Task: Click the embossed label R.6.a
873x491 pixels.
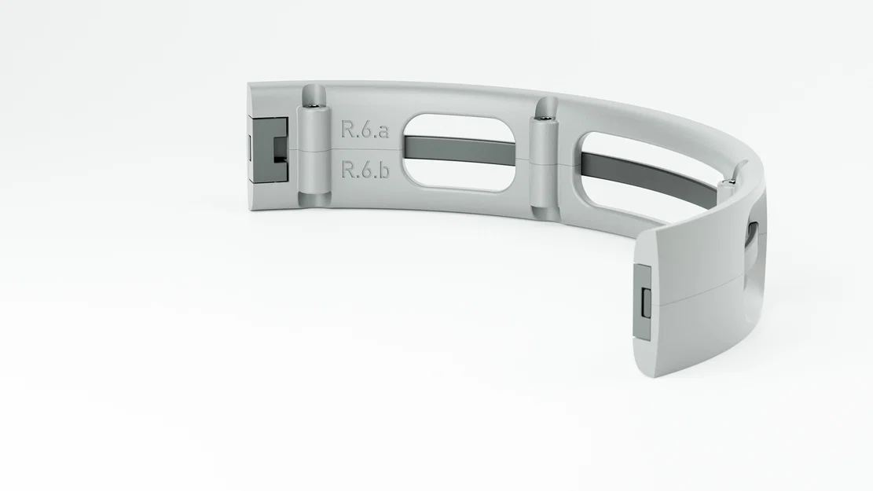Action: point(365,130)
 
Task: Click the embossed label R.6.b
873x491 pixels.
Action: point(365,170)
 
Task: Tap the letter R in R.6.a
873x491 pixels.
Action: point(347,130)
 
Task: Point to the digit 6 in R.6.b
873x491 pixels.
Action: point(365,170)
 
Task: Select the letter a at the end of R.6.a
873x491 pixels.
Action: point(382,131)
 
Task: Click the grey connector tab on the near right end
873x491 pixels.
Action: point(642,302)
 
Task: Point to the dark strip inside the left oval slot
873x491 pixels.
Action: point(460,150)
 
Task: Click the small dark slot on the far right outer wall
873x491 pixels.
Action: point(752,231)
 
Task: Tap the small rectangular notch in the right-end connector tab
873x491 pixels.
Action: point(645,303)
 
